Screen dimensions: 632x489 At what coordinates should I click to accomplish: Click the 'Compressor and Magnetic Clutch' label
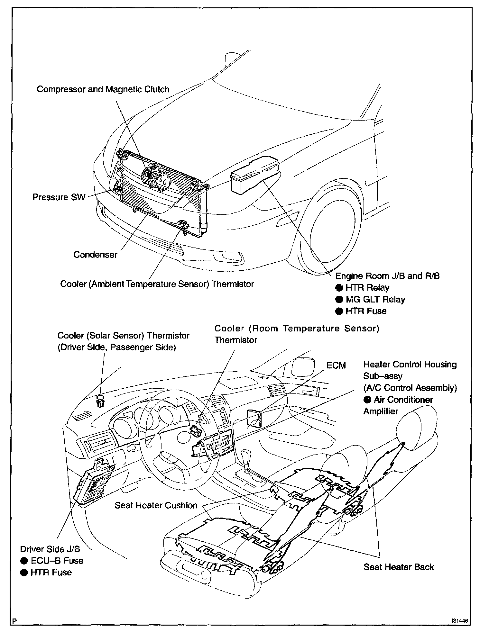click(x=103, y=89)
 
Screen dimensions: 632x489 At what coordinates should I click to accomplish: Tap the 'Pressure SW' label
click(x=59, y=197)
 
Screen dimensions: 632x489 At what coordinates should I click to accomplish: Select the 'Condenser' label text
click(x=95, y=255)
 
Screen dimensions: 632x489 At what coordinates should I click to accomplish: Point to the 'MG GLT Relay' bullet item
click(x=375, y=299)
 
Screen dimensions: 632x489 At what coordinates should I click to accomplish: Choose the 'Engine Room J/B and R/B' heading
click(x=387, y=276)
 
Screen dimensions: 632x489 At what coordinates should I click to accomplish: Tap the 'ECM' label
click(x=336, y=366)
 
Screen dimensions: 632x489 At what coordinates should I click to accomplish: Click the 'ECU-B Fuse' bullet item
click(x=57, y=561)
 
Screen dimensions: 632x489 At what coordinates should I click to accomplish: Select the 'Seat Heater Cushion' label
click(x=156, y=505)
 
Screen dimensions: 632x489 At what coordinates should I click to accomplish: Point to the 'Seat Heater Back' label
click(x=399, y=567)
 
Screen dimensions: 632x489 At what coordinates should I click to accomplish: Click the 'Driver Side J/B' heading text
click(x=50, y=549)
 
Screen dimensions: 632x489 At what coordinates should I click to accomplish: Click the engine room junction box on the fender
click(x=254, y=174)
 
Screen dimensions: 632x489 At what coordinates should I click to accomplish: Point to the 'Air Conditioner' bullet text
click(x=403, y=400)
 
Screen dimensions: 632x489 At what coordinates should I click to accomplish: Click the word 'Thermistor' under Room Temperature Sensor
click(x=236, y=340)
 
